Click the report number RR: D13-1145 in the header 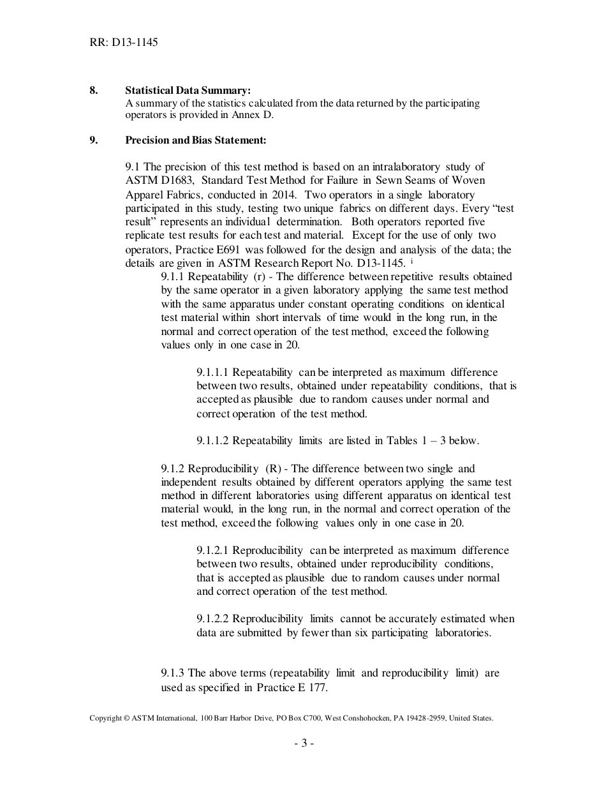[124, 43]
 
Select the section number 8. [93, 90]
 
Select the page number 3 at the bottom [304, 743]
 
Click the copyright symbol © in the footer [126, 718]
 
